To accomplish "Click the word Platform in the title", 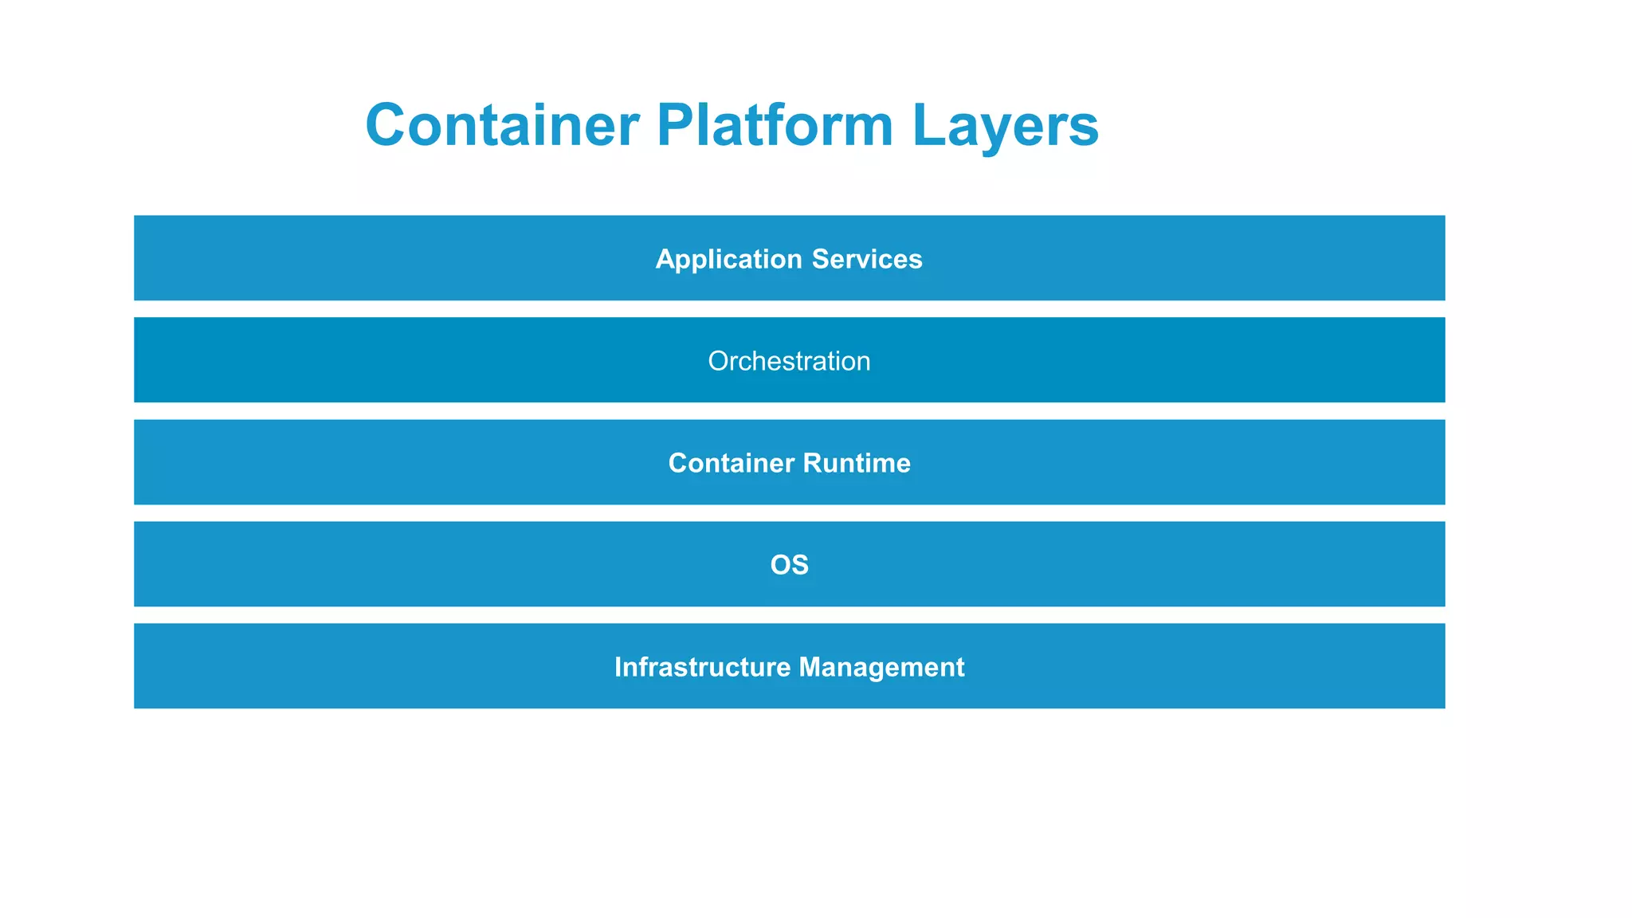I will pyautogui.click(x=775, y=125).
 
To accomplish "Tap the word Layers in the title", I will pyautogui.click(x=1006, y=125).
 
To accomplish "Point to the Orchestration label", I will pyautogui.click(x=789, y=361).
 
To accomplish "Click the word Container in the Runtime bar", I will pyautogui.click(x=731, y=463).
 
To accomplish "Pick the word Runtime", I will pyautogui.click(x=857, y=463).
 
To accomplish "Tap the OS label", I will pyautogui.click(x=789, y=565).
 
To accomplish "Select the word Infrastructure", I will pyautogui.click(x=702, y=667).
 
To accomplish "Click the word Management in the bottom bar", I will pyautogui.click(x=881, y=667).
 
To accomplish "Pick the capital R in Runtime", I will pyautogui.click(x=811, y=463).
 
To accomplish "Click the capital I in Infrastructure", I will pyautogui.click(x=618, y=667).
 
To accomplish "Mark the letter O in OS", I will pyautogui.click(x=780, y=565).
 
